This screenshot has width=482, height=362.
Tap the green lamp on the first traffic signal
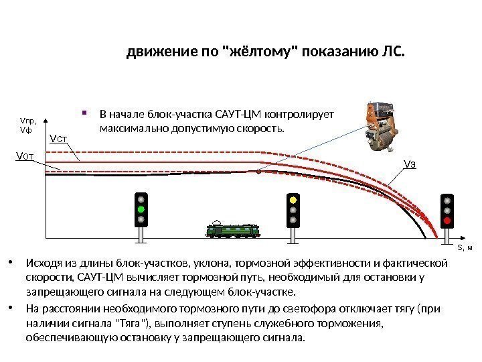pos(141,209)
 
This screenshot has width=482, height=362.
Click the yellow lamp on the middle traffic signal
pos(292,200)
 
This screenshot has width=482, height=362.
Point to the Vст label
pos(59,139)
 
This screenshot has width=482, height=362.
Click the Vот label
pos(24,157)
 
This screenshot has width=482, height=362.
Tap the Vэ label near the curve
pos(409,164)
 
